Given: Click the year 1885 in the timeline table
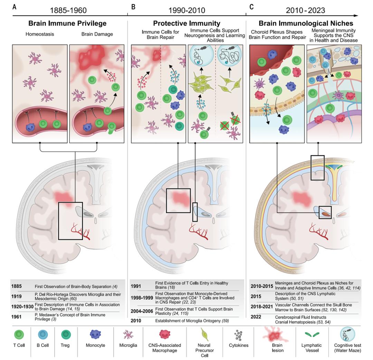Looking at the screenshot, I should pyautogui.click(x=17, y=287).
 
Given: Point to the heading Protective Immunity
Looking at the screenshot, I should pyautogui.click(x=186, y=23).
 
